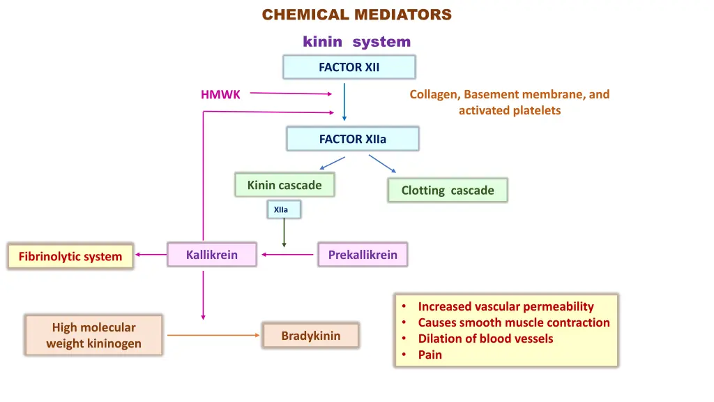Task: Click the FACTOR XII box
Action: (x=349, y=67)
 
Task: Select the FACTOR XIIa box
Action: (x=352, y=139)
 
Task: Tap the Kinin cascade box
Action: (x=284, y=184)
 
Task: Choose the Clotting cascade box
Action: (x=448, y=190)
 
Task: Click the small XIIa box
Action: (x=284, y=209)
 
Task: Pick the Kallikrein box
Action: (x=212, y=254)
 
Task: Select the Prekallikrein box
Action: (x=363, y=254)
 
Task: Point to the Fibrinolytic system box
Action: (x=70, y=256)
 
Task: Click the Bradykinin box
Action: (x=310, y=336)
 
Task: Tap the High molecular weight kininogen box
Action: (x=94, y=335)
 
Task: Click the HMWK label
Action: (x=220, y=94)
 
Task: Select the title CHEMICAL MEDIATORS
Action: (x=356, y=15)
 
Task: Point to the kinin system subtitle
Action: (x=356, y=41)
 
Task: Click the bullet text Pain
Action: (x=430, y=355)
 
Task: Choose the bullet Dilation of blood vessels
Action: (x=485, y=338)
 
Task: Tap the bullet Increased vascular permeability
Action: (x=506, y=306)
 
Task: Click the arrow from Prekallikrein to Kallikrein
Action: (x=287, y=254)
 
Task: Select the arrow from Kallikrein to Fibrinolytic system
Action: (x=151, y=254)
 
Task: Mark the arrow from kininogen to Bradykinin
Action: (x=213, y=335)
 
